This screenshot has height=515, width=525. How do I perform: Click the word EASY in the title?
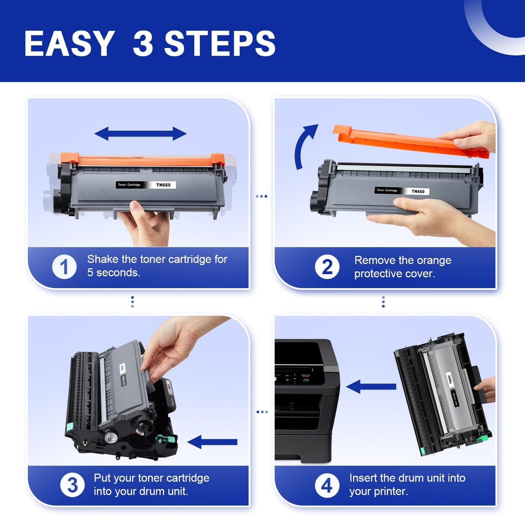coord(69,43)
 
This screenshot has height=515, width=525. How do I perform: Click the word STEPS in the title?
coord(220,43)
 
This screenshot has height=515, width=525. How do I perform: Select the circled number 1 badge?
coord(64,267)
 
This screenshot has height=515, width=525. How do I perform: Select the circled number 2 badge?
coord(327,267)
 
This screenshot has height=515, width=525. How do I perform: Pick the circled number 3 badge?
coord(72,485)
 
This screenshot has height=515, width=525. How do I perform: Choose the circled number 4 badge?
coord(327,485)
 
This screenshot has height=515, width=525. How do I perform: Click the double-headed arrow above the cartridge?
coord(140,134)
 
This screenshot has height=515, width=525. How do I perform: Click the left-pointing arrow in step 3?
coord(212,442)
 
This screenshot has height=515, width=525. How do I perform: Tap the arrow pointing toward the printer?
coord(371,387)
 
